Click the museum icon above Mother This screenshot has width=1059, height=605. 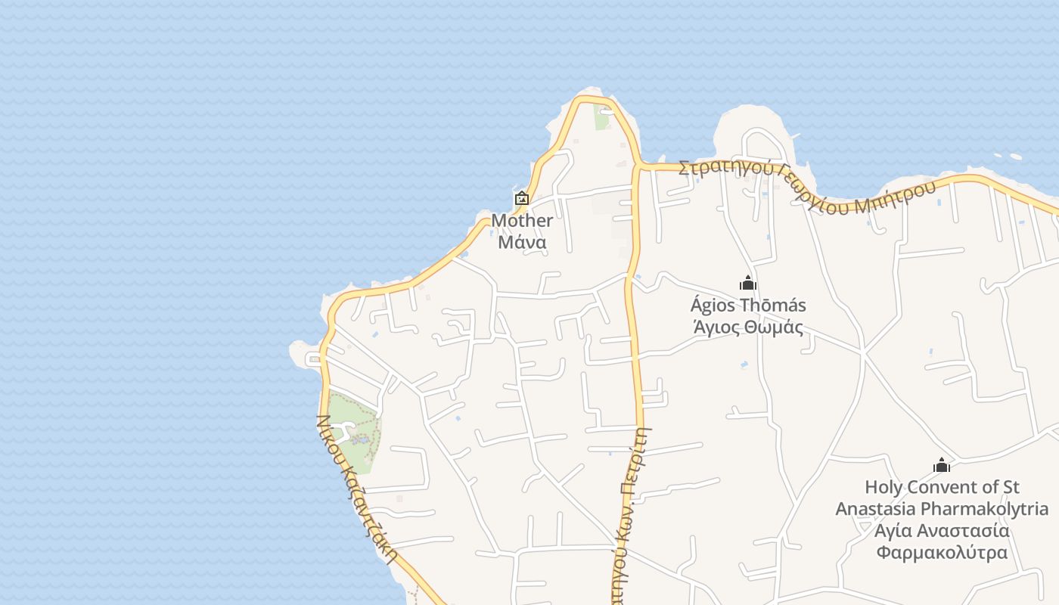click(x=522, y=199)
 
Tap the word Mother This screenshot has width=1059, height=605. click(x=522, y=221)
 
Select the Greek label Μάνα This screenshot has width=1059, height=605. click(x=522, y=243)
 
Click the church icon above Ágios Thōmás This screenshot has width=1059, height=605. click(x=748, y=284)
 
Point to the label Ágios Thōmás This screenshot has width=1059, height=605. click(x=748, y=306)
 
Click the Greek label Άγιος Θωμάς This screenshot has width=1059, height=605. click(x=748, y=327)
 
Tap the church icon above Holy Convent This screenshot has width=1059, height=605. click(x=942, y=465)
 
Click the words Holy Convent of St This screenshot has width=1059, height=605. click(x=942, y=487)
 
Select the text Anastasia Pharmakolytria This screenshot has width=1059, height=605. click(x=942, y=509)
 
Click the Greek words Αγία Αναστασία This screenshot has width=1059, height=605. click(x=942, y=530)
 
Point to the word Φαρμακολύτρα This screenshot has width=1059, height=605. click(x=942, y=552)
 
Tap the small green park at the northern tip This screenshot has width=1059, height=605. click(x=602, y=119)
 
